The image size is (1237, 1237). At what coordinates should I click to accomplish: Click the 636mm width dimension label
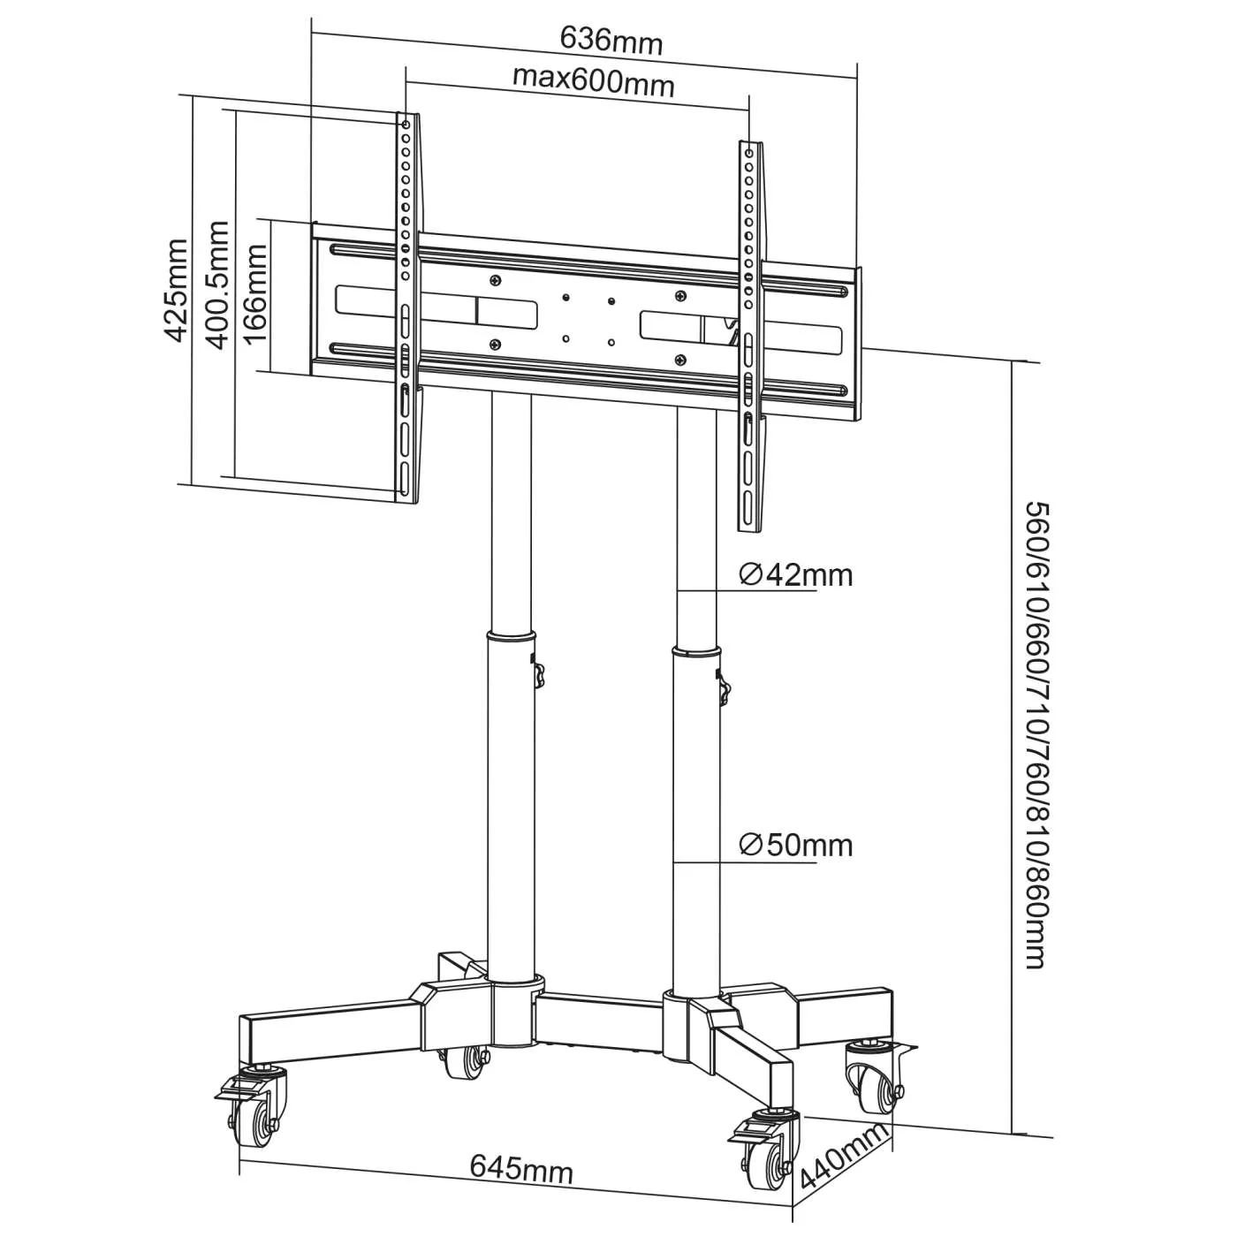611,41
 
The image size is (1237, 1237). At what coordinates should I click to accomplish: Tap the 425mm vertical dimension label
177,289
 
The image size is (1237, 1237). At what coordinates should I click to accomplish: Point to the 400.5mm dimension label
217,285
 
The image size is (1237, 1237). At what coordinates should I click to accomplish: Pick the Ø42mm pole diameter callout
795,575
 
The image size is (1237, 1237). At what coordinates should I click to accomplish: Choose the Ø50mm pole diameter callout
795,846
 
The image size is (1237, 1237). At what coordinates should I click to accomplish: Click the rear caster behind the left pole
465,1060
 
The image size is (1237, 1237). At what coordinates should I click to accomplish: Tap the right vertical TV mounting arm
750,336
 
